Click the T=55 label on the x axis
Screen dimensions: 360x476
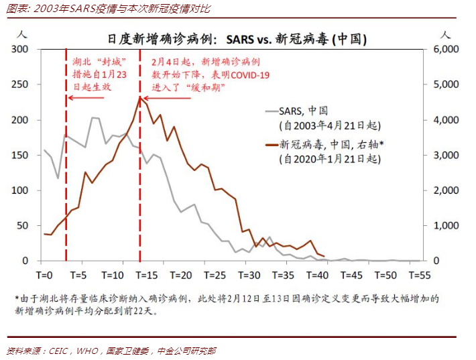pyautogui.click(x=421, y=275)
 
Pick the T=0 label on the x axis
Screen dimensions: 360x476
pyautogui.click(x=44, y=275)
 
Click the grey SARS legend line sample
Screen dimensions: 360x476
pyautogui.click(x=273, y=111)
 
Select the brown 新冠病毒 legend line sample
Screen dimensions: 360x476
pyautogui.click(x=273, y=145)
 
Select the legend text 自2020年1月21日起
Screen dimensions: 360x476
pyautogui.click(x=331, y=159)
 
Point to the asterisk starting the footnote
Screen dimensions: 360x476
pyautogui.click(x=17, y=298)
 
